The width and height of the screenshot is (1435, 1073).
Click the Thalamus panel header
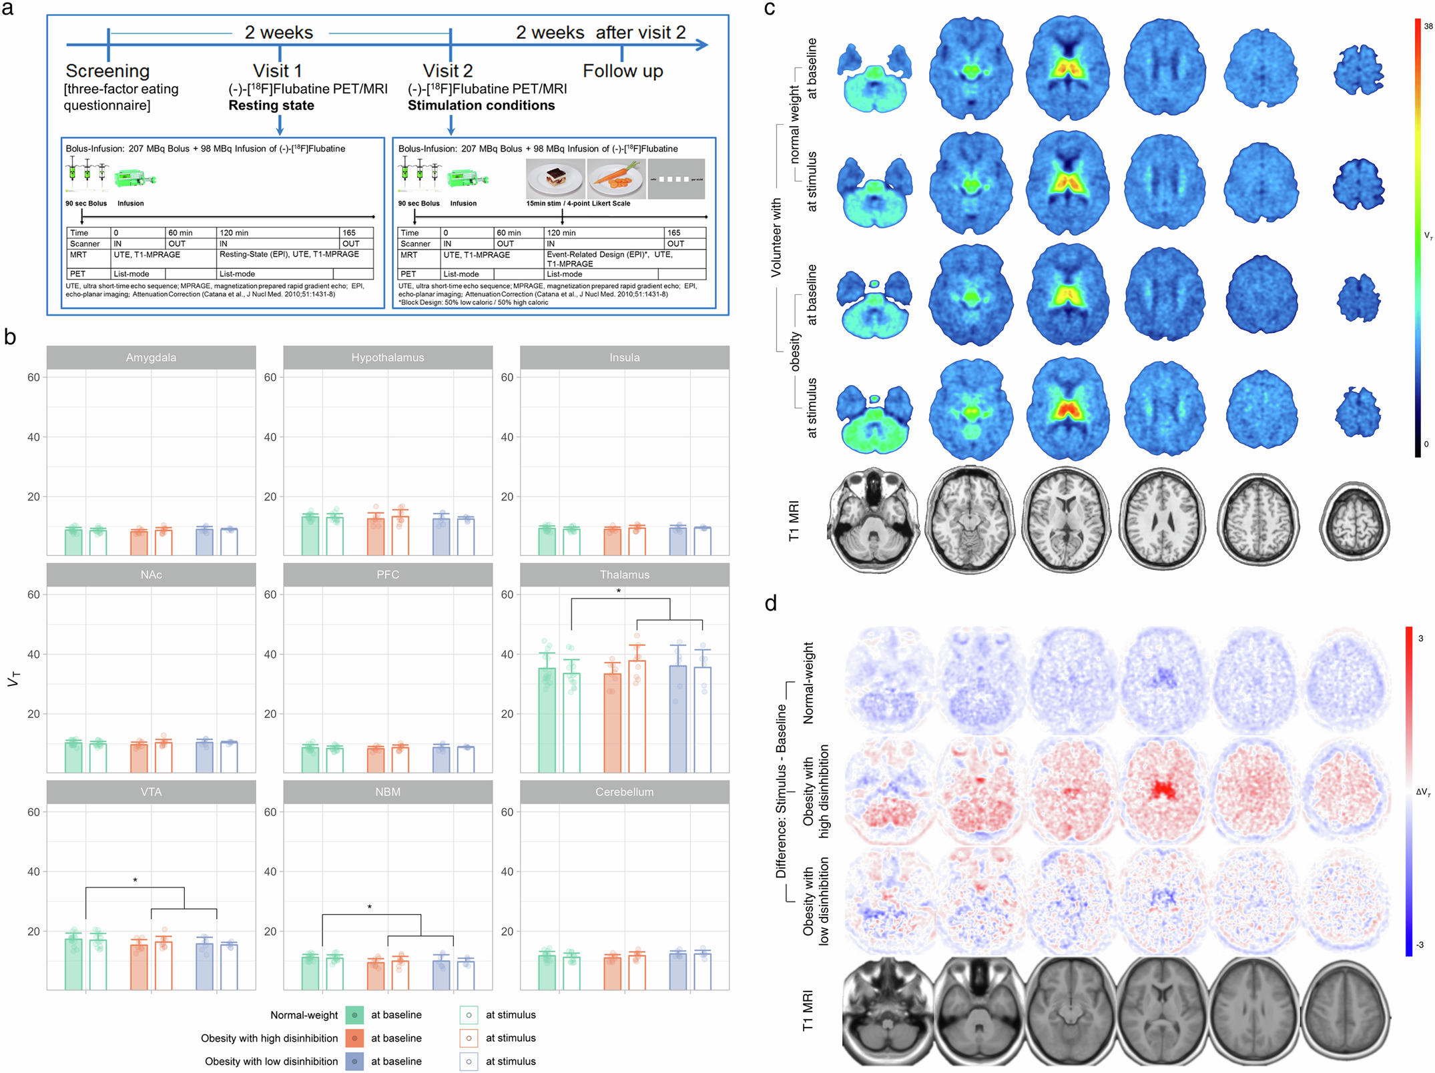[x=624, y=575]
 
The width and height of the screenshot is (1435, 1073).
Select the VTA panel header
[x=151, y=792]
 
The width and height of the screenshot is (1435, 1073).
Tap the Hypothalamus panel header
[x=387, y=358]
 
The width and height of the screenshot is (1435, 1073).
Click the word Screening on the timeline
[x=107, y=71]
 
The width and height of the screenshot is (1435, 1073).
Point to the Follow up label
[x=622, y=71]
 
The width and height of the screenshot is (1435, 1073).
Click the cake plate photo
[x=554, y=178]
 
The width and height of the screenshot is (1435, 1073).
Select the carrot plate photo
[x=616, y=178]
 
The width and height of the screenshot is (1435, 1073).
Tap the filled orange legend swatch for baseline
[x=354, y=1038]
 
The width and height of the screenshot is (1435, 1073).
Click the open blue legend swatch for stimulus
[x=469, y=1062]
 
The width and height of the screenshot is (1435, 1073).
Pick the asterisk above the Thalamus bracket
[x=619, y=592]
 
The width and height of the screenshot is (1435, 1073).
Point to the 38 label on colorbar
[x=1428, y=27]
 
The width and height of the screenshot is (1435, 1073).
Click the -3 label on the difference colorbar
[x=1420, y=945]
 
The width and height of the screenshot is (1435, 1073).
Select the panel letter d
[x=771, y=604]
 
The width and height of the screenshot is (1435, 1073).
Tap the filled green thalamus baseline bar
[x=547, y=720]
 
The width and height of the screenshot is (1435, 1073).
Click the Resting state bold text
[x=271, y=105]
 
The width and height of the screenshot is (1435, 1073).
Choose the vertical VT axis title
[x=13, y=679]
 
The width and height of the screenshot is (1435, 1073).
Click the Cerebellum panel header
[x=624, y=792]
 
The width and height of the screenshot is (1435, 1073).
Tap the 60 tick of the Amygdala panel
[x=33, y=378]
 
